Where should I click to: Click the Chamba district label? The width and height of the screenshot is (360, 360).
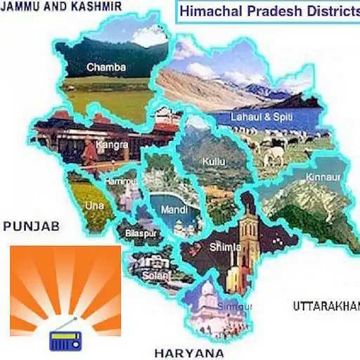(x=106, y=67)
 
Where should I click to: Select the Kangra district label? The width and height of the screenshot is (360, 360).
(x=114, y=145)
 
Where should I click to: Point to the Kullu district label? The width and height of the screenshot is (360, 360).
(x=214, y=162)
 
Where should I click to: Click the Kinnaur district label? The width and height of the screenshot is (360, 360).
(x=323, y=179)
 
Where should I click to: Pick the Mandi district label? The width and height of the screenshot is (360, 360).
(x=172, y=209)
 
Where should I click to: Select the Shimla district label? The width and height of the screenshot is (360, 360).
(x=225, y=247)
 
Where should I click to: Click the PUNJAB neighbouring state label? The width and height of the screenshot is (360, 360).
(x=31, y=226)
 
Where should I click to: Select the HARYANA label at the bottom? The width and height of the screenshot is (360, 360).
(x=189, y=353)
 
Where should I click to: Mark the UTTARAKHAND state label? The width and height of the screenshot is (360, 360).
(x=326, y=306)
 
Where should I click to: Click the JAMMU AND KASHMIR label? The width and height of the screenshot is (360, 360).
(x=62, y=6)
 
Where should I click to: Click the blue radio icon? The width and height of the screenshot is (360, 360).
(x=65, y=340)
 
